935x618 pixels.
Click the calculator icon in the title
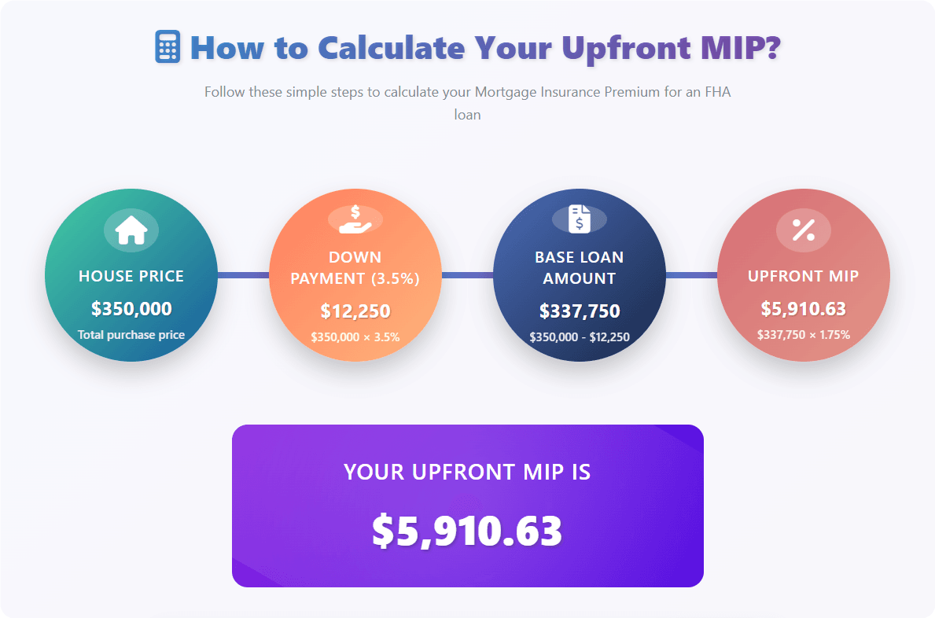point(167,47)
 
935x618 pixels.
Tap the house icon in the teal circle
point(131,230)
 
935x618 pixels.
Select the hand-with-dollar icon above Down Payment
point(355,219)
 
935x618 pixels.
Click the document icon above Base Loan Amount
point(580,219)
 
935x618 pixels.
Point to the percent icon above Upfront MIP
point(803,230)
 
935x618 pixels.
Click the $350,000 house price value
point(131,309)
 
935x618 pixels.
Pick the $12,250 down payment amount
point(355,311)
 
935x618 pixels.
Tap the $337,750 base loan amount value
point(580,311)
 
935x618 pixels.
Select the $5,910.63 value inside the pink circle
point(803,309)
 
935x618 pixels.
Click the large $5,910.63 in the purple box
point(467,531)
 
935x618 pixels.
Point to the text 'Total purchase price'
point(131,335)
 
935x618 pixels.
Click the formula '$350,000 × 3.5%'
point(355,337)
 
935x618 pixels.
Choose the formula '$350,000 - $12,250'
point(580,337)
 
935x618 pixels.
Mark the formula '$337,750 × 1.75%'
point(803,335)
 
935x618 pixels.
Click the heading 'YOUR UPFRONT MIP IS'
point(467,472)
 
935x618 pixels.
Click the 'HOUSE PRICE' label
point(131,276)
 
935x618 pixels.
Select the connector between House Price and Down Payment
point(243,275)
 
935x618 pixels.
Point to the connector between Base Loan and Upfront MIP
point(691,275)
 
